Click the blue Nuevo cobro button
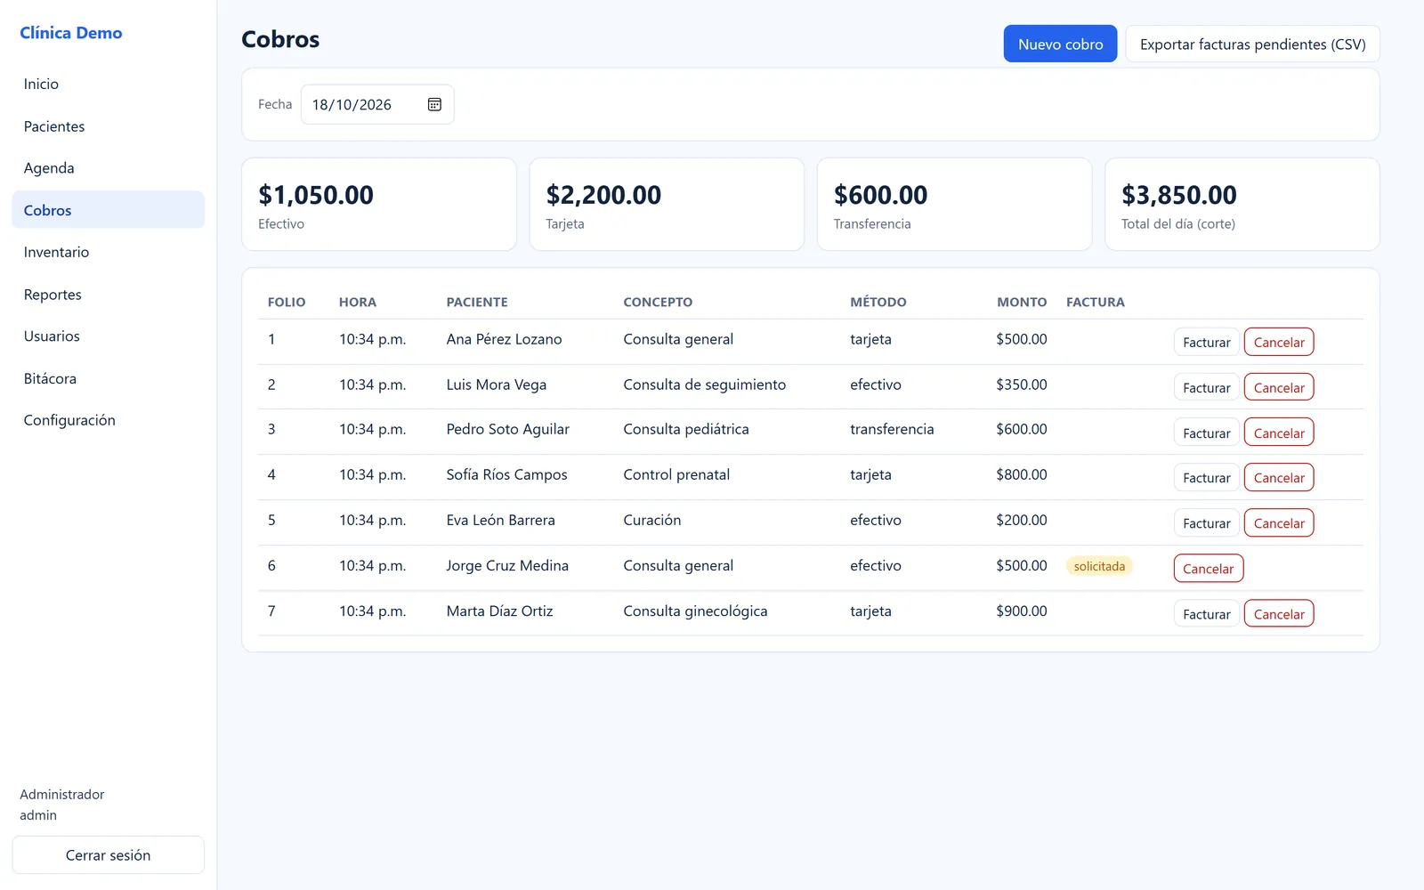coord(1060,44)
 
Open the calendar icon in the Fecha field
coord(434,104)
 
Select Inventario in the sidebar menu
coord(57,252)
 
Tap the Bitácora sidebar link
coord(50,378)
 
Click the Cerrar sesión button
coord(108,855)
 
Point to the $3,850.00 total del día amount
coord(1178,195)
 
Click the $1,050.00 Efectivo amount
coord(316,195)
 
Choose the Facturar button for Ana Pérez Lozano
coord(1207,342)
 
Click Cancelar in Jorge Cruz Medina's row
coord(1209,569)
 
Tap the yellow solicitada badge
coord(1099,566)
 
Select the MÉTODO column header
coord(878,302)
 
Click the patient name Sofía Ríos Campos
coord(506,474)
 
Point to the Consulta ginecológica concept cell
coord(695,611)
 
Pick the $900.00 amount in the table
coord(1022,611)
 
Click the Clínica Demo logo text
coord(70,32)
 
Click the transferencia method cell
coord(892,429)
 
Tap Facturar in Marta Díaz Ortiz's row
coord(1207,613)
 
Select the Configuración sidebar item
coord(69,420)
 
